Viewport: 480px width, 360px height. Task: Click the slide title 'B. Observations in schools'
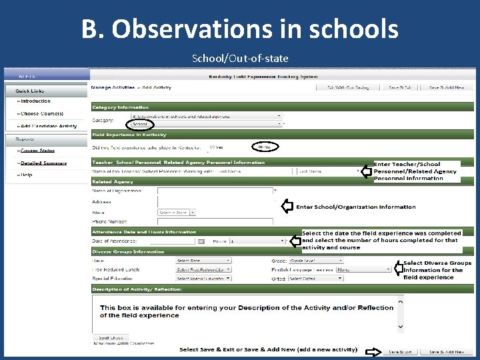239,29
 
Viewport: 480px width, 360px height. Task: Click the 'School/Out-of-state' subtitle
240,59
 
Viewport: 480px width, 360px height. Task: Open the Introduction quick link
35,101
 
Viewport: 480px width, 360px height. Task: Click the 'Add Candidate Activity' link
48,126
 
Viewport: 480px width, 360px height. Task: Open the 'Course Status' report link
37,151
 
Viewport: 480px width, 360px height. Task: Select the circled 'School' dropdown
141,124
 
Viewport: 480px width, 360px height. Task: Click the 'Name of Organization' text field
215,191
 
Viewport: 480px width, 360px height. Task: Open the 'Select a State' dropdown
177,213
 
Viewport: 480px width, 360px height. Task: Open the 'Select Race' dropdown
203,261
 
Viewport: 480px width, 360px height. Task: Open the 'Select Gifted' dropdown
315,278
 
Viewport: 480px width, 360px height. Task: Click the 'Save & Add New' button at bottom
447,351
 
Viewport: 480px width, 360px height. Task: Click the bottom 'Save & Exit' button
401,351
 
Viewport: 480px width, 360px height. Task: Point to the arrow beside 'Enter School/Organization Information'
287,207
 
